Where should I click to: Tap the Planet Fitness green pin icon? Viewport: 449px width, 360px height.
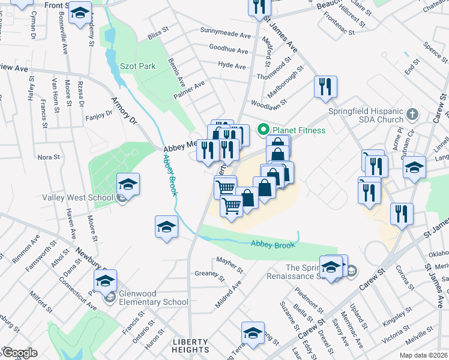262,130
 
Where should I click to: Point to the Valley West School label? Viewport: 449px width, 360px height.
77,197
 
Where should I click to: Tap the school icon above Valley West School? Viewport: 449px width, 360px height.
128,184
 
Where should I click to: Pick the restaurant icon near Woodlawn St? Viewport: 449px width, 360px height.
325,87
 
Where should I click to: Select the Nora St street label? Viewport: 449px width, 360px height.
49,157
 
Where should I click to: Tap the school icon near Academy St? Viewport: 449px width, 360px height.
79,13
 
